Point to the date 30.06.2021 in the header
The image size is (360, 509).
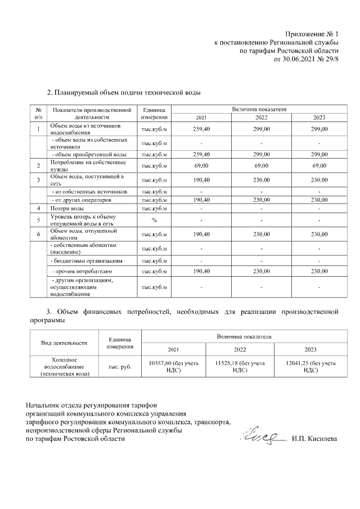(x=305, y=58)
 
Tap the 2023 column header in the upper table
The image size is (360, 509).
(x=319, y=118)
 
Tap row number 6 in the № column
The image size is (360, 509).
(x=38, y=234)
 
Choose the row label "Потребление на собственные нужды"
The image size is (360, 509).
(x=87, y=166)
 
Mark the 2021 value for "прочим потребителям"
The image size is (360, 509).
(x=201, y=272)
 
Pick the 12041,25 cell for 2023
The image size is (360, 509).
(x=310, y=367)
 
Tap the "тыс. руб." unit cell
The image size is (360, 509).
(x=120, y=367)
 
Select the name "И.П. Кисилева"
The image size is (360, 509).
(x=314, y=439)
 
